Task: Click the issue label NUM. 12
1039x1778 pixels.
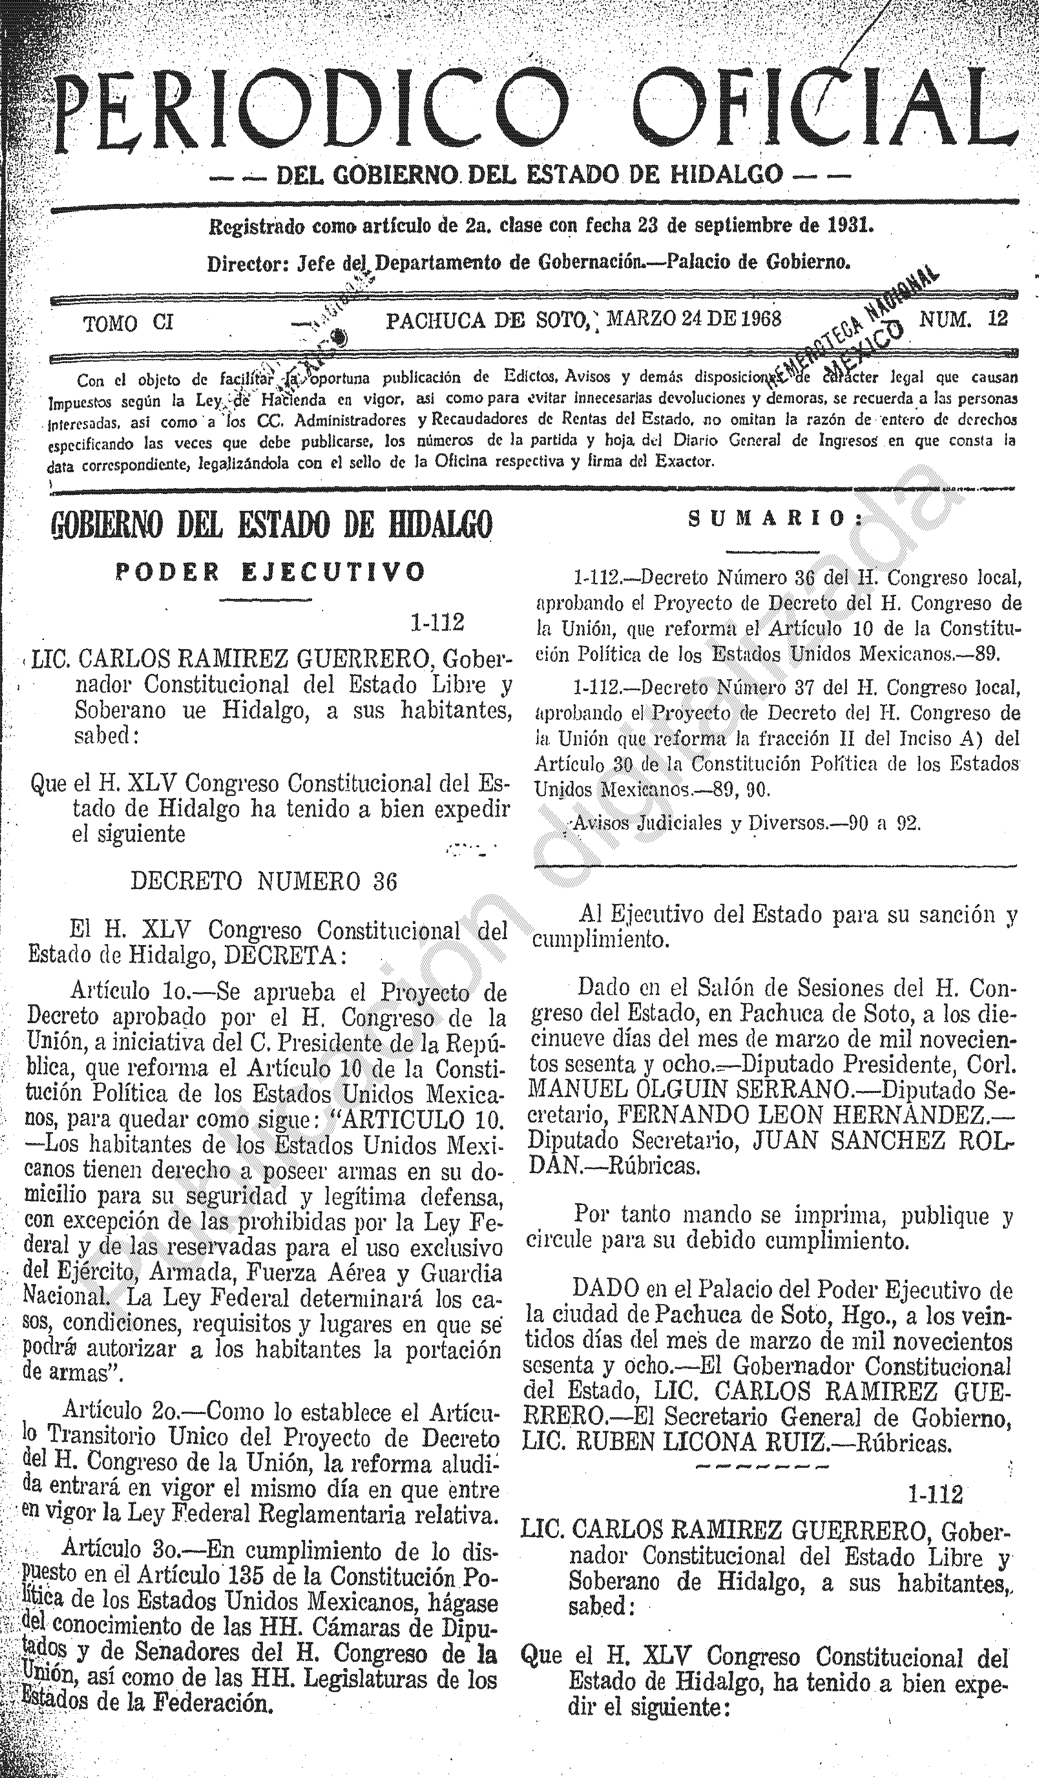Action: tap(963, 320)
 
